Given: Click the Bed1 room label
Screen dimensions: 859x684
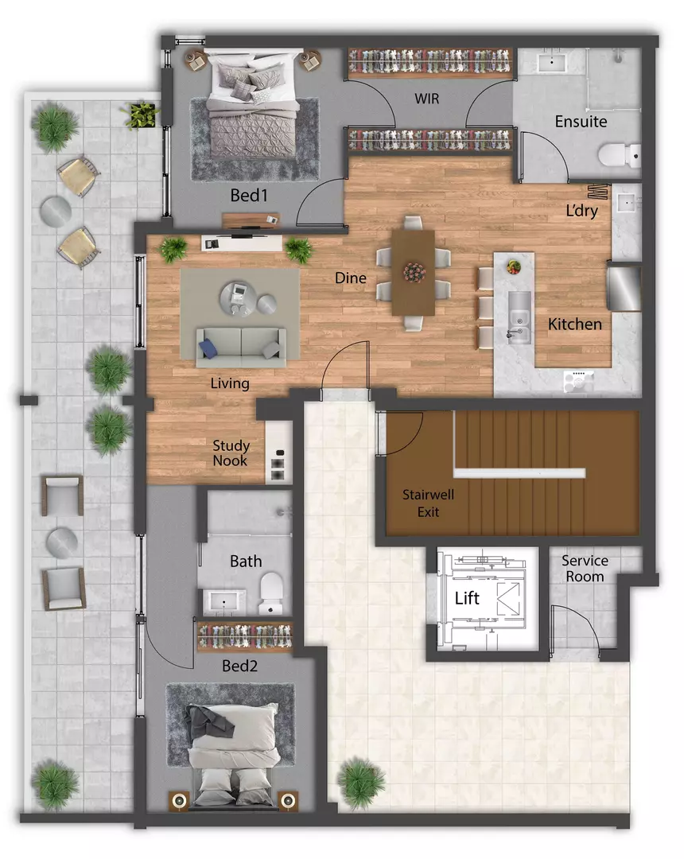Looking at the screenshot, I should pos(248,195).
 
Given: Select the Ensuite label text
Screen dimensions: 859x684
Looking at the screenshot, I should pos(581,122).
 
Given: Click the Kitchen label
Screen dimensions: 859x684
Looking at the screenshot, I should pos(574,325).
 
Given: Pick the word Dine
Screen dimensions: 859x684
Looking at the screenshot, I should pos(350,278).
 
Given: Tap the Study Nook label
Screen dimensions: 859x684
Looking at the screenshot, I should pos(231,453).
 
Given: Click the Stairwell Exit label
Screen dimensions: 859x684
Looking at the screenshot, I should pos(427,503).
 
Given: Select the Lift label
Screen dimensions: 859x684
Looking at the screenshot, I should pos(467,598).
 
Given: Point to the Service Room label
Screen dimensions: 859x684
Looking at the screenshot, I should pos(583,568).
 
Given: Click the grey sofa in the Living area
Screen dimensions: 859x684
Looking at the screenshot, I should pos(239,344).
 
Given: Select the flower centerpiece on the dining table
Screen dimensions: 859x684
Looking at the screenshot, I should pos(414,272).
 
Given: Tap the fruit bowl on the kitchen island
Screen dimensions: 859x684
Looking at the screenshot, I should pos(513,265).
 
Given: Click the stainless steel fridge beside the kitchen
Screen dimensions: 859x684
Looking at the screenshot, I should pos(624,288).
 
